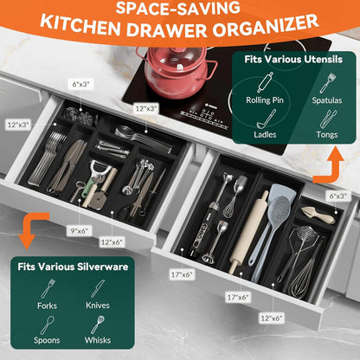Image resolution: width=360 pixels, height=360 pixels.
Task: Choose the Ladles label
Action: coord(265,134)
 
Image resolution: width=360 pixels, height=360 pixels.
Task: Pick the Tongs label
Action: coord(327,134)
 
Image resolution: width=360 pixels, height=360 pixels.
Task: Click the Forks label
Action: coord(48,305)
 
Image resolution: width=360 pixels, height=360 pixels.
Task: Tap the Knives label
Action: coord(98,305)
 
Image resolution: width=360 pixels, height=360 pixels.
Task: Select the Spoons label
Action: coord(48,340)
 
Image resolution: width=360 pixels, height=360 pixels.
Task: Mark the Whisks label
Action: coord(98,340)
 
